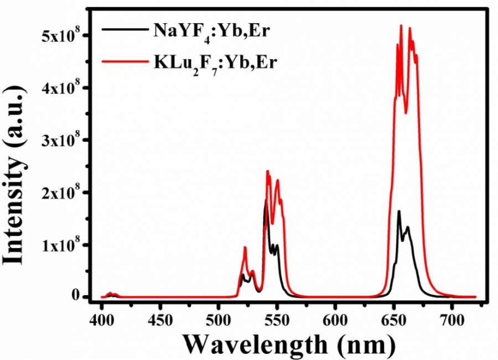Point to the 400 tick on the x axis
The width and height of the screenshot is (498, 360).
click(102, 321)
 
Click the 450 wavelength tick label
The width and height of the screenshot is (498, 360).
click(160, 321)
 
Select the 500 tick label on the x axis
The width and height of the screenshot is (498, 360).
click(219, 321)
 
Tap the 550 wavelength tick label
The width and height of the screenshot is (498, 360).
click(277, 321)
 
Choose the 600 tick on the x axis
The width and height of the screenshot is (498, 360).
click(335, 321)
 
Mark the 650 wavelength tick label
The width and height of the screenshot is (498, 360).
click(393, 321)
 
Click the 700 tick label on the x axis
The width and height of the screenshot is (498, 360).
click(452, 321)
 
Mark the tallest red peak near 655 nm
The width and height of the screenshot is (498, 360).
click(401, 25)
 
